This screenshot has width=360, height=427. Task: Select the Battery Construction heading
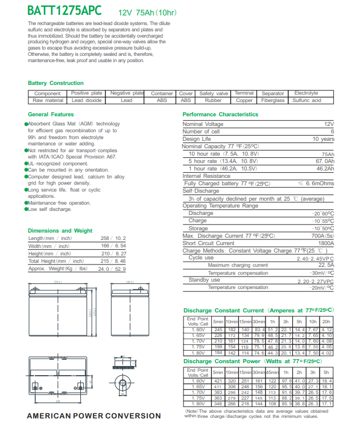[x=56, y=83]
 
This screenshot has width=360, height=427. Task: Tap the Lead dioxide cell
[x=86, y=100]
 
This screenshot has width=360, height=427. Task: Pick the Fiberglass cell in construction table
[x=273, y=100]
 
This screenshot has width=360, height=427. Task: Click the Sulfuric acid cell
[x=306, y=100]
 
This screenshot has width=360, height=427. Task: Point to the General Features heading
[x=51, y=115]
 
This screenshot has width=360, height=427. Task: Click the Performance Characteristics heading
[x=220, y=115]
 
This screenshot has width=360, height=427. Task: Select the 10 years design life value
[x=323, y=139]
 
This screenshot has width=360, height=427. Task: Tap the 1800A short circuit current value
[x=325, y=243]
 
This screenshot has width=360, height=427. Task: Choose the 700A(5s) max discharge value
[x=321, y=235]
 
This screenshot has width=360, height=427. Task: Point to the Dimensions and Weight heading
[x=60, y=231]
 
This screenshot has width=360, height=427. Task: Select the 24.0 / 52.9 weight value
[x=113, y=269]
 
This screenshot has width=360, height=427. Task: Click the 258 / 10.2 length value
[x=113, y=238]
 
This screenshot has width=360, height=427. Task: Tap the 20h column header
[x=326, y=321]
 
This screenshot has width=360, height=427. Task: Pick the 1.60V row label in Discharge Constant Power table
[x=198, y=381]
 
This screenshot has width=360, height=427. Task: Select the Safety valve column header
[x=214, y=93]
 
